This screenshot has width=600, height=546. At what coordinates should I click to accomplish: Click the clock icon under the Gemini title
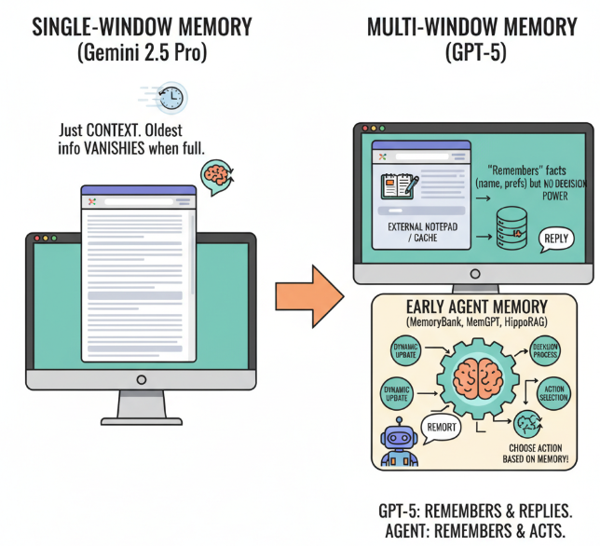pyautogui.click(x=170, y=97)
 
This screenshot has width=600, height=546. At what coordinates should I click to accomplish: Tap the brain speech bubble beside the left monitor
pyautogui.click(x=215, y=174)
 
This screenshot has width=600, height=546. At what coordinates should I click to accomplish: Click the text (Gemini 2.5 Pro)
pyautogui.click(x=141, y=53)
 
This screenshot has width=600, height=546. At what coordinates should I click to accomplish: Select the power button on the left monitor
pyautogui.click(x=141, y=380)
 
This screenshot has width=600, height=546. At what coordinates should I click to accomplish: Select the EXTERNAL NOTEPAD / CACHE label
pyautogui.click(x=412, y=232)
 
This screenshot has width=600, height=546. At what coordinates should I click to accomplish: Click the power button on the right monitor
pyautogui.click(x=474, y=274)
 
